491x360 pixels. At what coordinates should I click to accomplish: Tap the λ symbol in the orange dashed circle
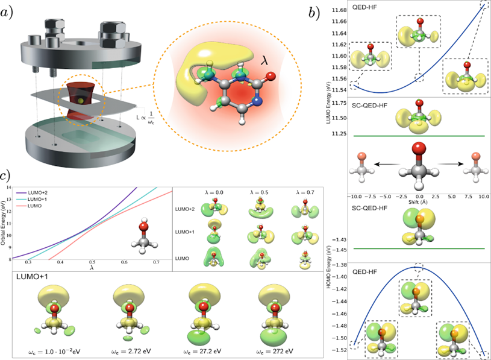pyautogui.click(x=263, y=62)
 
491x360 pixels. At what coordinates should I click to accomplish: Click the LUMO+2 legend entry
pyautogui.click(x=40, y=192)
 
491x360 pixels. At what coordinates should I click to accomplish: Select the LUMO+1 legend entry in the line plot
pyautogui.click(x=40, y=199)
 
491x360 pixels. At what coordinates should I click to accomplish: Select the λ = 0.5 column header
pyautogui.click(x=260, y=192)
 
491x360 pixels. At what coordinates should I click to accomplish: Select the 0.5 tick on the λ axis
pyautogui.click(x=92, y=263)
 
